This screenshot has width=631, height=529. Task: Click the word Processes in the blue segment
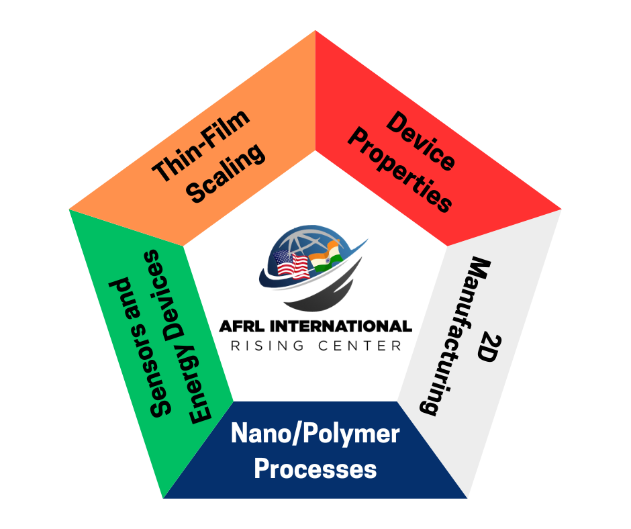click(315, 469)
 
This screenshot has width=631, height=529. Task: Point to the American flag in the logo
click(291, 266)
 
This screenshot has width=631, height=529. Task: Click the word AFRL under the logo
click(242, 327)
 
